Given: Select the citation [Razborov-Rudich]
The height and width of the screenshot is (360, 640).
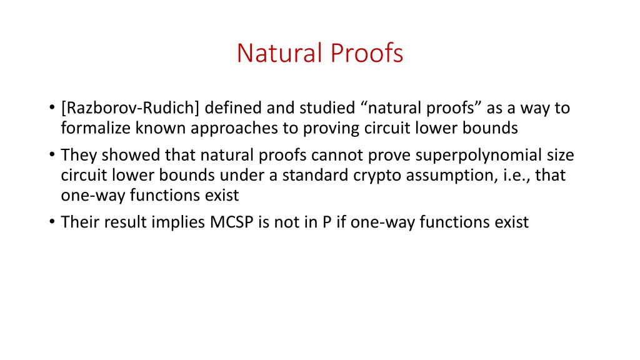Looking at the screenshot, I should point(131,108).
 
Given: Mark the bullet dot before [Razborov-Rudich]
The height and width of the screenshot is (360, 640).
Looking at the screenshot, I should point(51,109).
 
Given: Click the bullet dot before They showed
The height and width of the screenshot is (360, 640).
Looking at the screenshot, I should point(51,156).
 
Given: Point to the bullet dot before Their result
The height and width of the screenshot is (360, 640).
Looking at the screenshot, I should point(51,222).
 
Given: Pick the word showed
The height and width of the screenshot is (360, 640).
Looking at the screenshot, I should point(124,155).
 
